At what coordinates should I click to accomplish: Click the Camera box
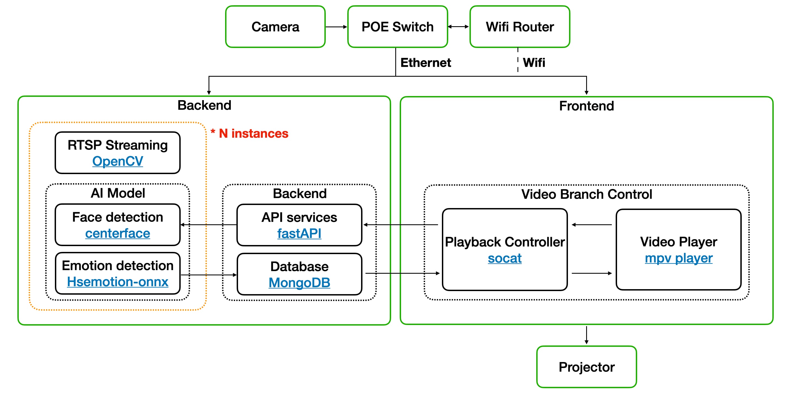275,27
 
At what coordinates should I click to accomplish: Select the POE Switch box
397,27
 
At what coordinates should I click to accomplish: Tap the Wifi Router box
520,27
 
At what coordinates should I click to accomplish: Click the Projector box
586,367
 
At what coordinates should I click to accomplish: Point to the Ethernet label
426,63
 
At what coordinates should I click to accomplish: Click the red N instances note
250,134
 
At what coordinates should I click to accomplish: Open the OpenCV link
118,161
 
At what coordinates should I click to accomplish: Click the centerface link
118,233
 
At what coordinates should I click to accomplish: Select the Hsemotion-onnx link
118,282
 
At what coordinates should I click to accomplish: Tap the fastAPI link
299,233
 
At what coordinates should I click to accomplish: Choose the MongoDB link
299,283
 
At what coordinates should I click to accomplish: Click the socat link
505,258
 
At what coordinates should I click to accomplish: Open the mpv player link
679,258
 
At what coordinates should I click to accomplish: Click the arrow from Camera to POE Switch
336,27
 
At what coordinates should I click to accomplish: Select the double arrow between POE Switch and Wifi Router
458,27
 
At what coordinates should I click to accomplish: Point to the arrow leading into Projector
586,335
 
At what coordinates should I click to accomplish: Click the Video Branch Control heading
586,194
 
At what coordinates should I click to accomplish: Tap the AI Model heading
118,193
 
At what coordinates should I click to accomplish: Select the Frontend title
586,106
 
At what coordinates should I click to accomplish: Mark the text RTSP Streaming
118,145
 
